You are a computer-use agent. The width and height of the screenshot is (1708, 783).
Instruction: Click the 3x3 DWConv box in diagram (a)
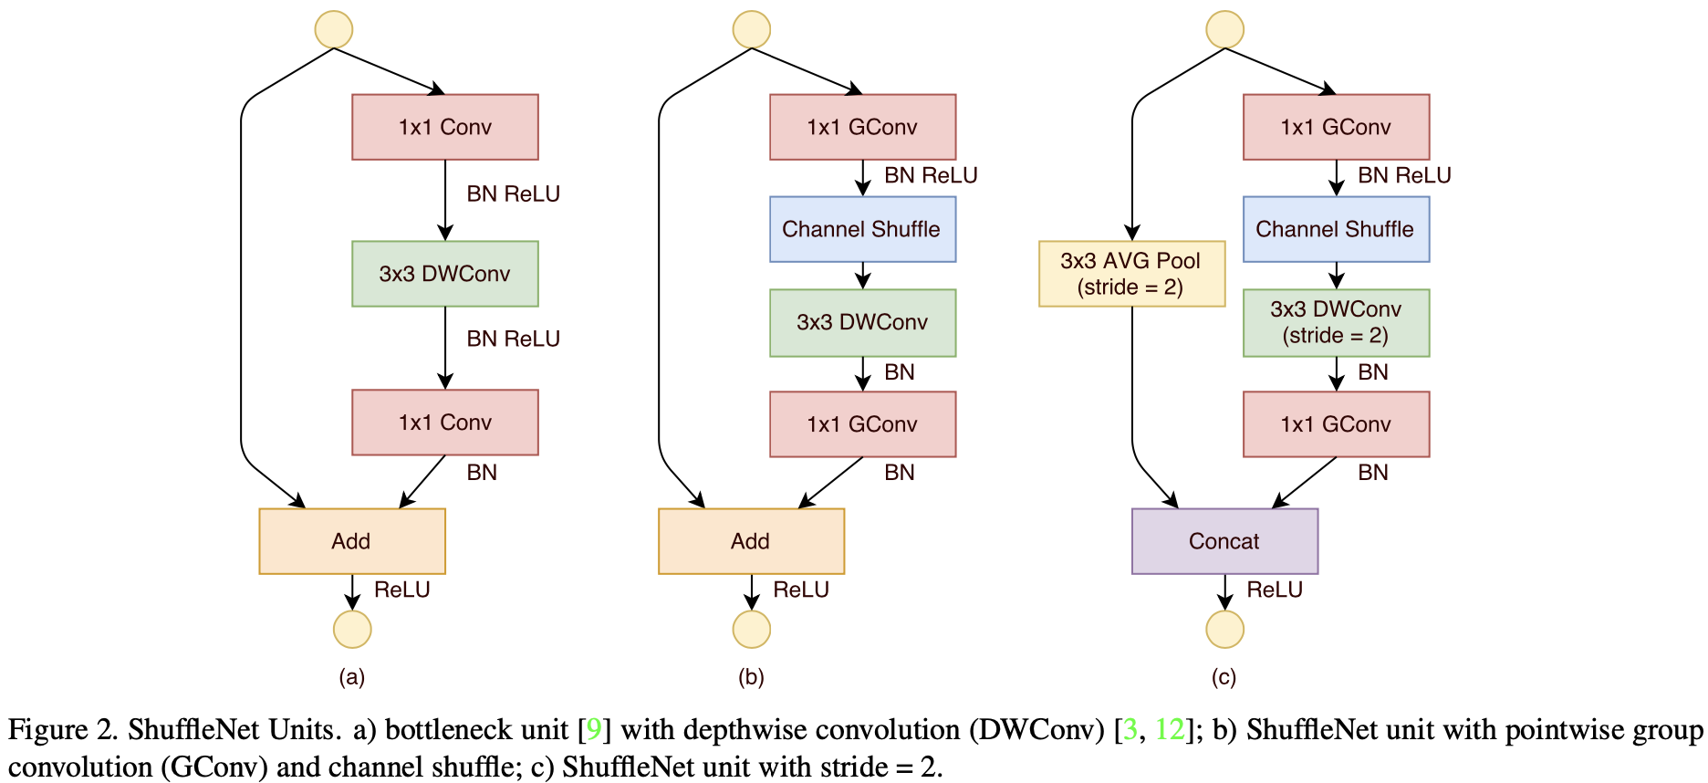[445, 274]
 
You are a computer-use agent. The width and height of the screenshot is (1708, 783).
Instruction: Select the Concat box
[1224, 541]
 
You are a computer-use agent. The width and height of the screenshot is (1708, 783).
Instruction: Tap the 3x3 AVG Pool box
[1131, 274]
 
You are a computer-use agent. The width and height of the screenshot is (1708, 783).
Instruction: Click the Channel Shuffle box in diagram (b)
[862, 229]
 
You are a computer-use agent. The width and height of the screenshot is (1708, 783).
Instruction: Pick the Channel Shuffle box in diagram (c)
[1336, 229]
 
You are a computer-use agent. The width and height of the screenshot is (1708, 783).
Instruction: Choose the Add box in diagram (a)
[352, 541]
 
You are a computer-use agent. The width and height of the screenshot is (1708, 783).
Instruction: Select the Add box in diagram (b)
[751, 541]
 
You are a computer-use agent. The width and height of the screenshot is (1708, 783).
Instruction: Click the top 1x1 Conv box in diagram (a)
[445, 127]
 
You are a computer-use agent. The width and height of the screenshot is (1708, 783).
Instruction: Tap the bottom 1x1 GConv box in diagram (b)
[862, 424]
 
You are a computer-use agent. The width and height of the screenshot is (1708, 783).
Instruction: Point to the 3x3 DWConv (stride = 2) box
[1336, 323]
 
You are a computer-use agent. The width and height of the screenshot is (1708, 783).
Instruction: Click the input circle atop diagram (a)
[334, 29]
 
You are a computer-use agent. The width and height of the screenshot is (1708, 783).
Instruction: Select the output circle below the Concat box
[1224, 629]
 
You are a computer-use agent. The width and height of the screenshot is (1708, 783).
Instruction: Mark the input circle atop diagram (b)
[752, 29]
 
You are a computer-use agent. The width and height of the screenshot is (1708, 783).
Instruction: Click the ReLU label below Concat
[1275, 590]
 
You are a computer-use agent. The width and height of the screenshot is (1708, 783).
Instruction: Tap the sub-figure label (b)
[751, 677]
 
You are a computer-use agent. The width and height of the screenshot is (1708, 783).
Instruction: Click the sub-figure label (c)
[1224, 677]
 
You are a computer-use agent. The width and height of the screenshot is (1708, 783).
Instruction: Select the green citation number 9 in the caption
[593, 730]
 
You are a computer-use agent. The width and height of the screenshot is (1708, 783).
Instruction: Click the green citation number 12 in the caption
[1169, 730]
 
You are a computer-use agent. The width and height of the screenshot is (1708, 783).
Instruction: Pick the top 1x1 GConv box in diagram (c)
[1336, 127]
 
